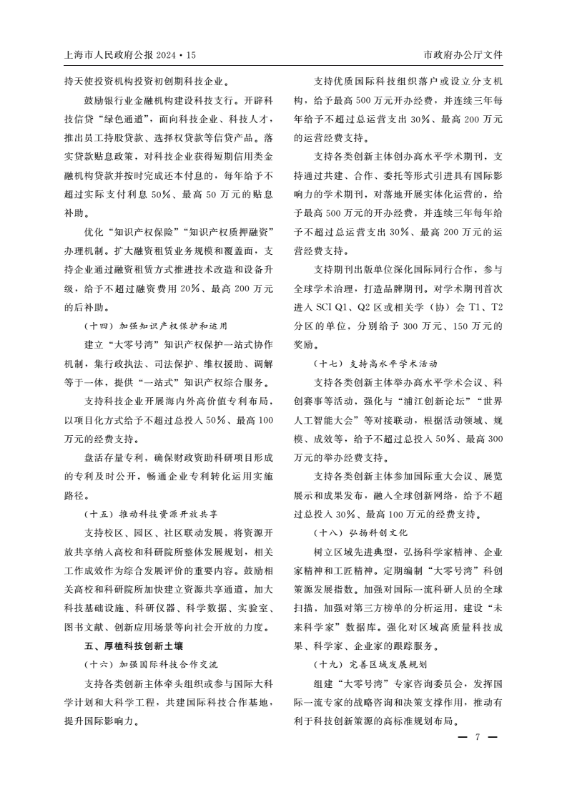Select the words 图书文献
82,627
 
